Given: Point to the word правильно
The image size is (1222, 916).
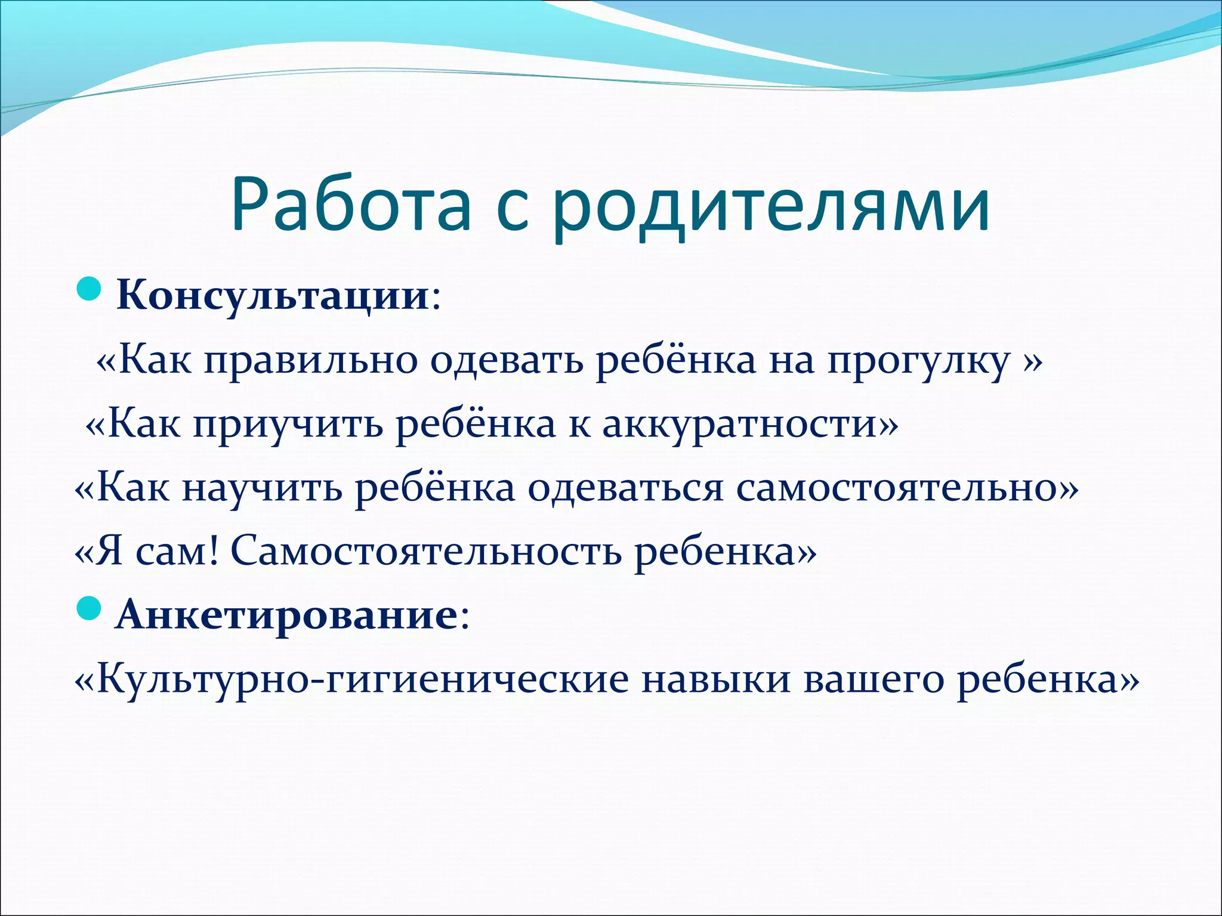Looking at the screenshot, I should [311, 361].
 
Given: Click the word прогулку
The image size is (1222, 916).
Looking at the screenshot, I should [918, 361].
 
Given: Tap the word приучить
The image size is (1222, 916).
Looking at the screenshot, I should [288, 425].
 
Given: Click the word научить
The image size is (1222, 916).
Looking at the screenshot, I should [262, 488].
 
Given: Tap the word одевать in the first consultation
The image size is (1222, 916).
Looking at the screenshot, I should [507, 361].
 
